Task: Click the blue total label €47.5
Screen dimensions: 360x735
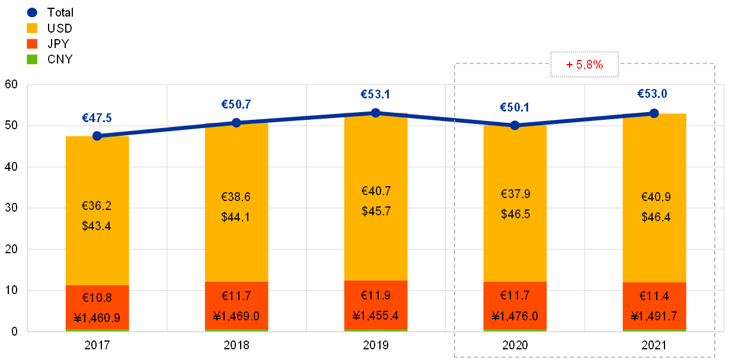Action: tap(97, 118)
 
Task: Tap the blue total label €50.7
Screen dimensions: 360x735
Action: tap(236, 104)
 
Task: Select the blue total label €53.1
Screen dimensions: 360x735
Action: tap(375, 94)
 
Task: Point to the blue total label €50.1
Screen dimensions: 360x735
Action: tap(514, 107)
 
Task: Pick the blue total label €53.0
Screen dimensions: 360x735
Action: tap(653, 94)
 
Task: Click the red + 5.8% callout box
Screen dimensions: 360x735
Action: tap(584, 65)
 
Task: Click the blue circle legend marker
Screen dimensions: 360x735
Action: tap(32, 12)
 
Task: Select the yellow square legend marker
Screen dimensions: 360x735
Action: tap(32, 28)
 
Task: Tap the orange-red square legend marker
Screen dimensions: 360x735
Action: tap(32, 43)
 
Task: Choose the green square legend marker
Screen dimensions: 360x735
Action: tap(32, 59)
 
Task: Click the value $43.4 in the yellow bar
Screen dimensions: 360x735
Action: tap(97, 226)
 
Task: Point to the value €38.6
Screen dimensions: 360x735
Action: tap(236, 197)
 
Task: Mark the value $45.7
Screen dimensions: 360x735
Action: tap(376, 211)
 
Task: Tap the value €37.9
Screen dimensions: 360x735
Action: tap(515, 194)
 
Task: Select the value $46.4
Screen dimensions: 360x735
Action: tap(656, 217)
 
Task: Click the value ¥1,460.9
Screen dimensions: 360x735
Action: tap(97, 317)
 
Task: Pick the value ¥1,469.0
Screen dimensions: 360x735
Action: tap(236, 316)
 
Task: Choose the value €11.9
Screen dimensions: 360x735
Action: tap(376, 295)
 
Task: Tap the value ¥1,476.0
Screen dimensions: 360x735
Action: tap(514, 316)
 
